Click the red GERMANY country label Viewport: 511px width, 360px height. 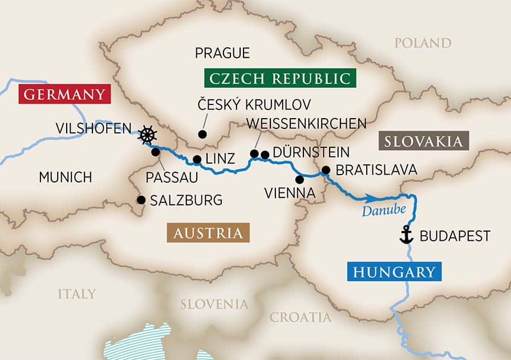click(64, 94)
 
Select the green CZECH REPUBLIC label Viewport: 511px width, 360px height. click(278, 78)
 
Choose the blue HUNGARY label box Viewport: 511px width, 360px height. click(394, 272)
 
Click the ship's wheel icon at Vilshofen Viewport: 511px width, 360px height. click(148, 135)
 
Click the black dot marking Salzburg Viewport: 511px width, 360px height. click(140, 200)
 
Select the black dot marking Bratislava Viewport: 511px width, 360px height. click(326, 169)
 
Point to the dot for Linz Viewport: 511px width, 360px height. click(196, 160)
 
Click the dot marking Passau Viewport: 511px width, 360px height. click(155, 152)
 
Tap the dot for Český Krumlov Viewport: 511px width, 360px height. click(201, 134)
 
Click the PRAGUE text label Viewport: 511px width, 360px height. click(222, 54)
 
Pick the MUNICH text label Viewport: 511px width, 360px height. click(65, 177)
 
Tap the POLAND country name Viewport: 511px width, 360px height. click(423, 43)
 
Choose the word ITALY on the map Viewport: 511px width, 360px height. click(76, 294)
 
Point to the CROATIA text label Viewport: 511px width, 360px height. click(300, 317)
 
